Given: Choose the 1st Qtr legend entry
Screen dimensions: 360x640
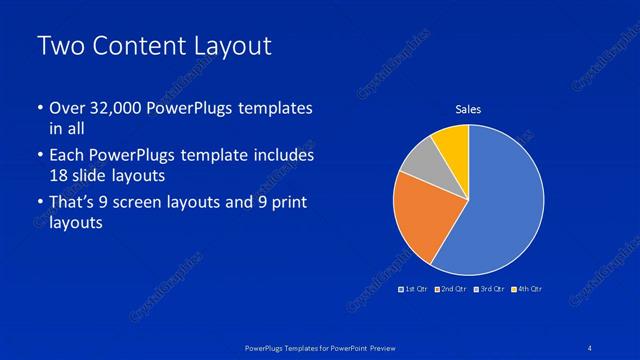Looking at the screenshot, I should [x=415, y=289].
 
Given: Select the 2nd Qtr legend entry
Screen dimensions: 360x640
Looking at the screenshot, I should [x=452, y=289].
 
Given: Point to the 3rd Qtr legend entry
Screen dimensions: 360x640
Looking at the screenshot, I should [x=490, y=289].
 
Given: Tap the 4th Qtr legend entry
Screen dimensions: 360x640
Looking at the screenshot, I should [x=527, y=289].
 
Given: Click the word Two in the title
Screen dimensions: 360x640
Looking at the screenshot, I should [x=62, y=47].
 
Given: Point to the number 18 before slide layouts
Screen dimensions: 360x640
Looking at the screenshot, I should [x=58, y=174].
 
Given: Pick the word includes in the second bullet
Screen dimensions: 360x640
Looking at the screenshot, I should [x=283, y=156].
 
